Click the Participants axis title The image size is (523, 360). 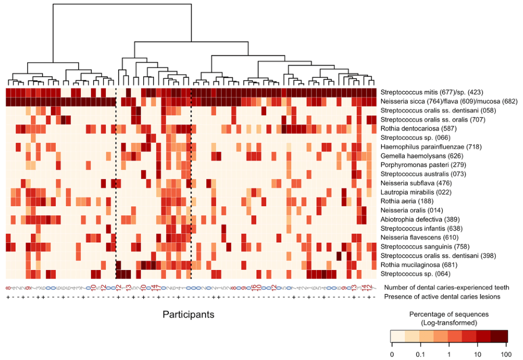188,314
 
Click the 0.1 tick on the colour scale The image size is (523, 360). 420,354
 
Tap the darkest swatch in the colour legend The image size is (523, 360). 499,335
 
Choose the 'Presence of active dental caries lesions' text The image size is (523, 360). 443,296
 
